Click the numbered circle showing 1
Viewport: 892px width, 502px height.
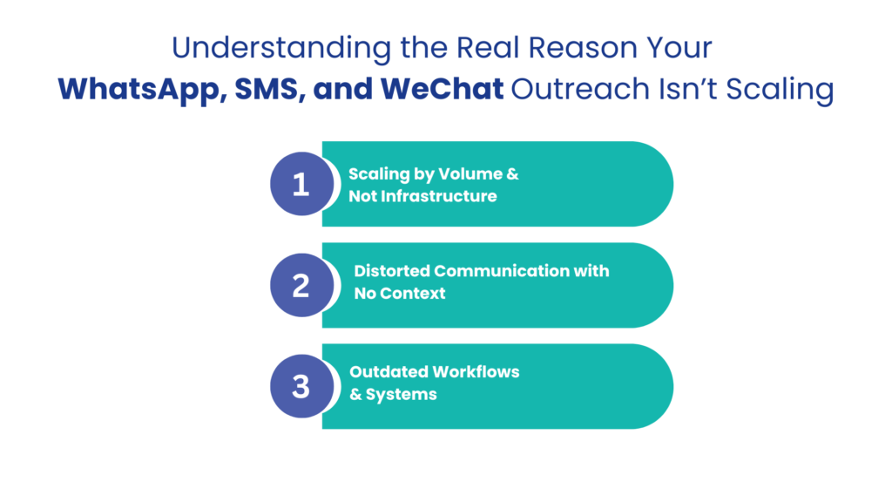pos(301,184)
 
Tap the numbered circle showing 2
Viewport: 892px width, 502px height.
pos(301,285)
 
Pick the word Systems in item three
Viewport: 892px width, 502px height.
pos(401,394)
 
